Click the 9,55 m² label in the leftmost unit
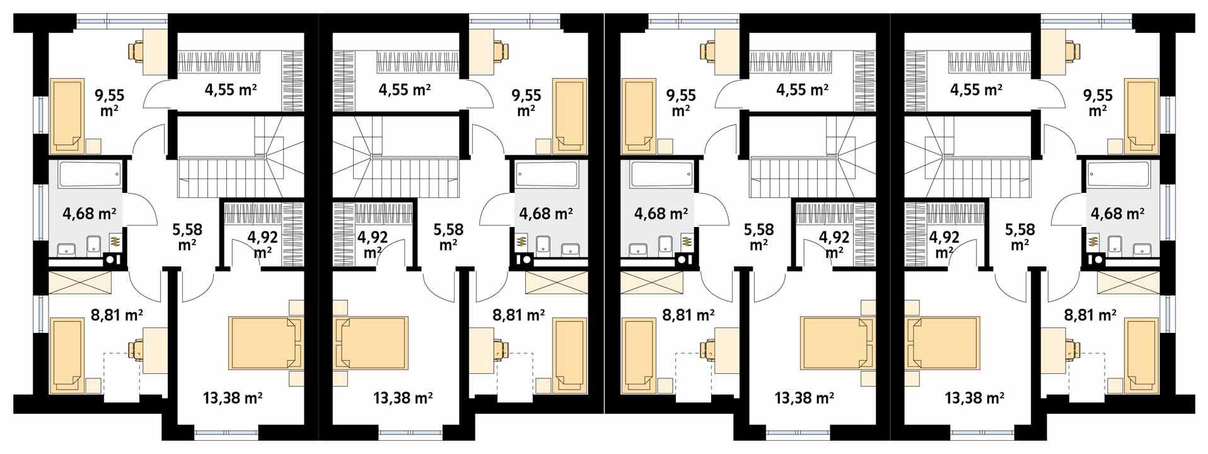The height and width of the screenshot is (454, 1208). (110, 103)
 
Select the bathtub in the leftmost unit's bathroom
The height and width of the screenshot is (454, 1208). (90, 175)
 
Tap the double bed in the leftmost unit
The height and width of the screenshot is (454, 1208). (265, 343)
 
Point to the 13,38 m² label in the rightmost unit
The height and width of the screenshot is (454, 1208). (974, 398)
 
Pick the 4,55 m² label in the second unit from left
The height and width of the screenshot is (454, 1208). (404, 90)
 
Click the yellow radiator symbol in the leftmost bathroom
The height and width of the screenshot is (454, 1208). (115, 240)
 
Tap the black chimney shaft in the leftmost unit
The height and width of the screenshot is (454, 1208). (113, 259)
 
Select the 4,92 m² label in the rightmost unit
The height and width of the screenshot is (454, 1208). (944, 245)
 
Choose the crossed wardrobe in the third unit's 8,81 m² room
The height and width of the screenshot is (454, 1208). (651, 282)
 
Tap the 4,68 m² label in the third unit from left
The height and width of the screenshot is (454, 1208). (661, 214)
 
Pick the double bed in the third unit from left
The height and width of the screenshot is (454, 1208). (837, 343)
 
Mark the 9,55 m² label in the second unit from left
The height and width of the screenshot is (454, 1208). (526, 103)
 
